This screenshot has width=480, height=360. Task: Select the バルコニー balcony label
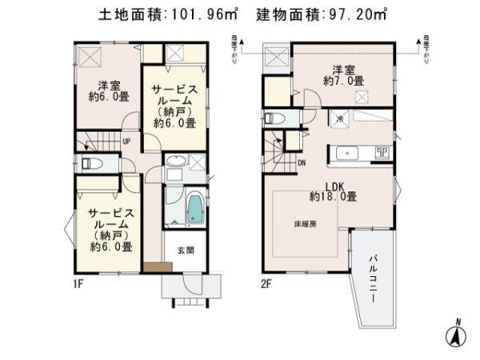coord(373,276)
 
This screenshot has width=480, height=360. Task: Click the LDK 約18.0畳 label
coord(334,190)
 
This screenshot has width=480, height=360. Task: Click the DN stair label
coord(302,163)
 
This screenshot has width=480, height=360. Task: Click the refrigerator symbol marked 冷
coord(338,119)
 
